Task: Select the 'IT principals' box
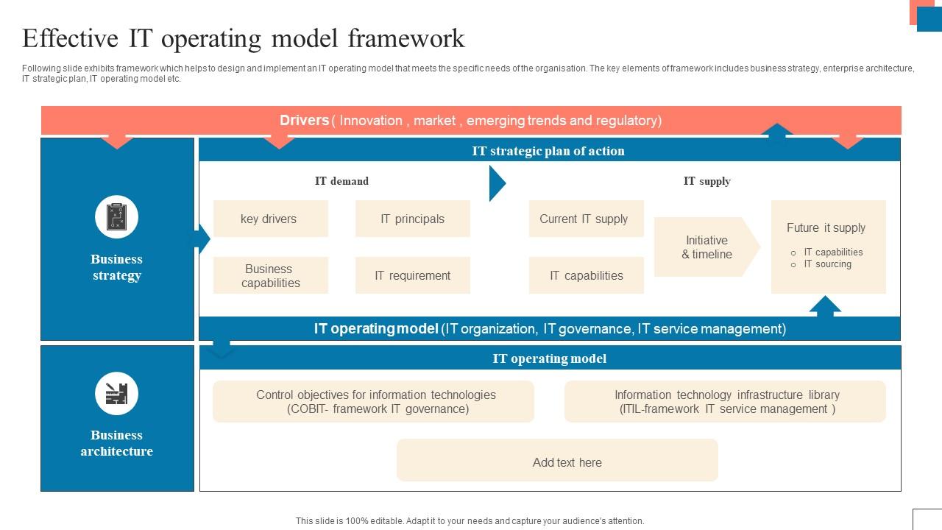tap(412, 219)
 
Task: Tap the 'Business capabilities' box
tap(270, 275)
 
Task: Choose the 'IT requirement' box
tap(412, 275)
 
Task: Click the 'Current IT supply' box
tap(586, 219)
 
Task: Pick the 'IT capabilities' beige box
tap(586, 275)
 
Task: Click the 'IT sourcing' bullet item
tap(827, 264)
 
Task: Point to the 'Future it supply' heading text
tap(826, 228)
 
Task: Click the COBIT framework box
tap(373, 402)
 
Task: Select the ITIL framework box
tap(725, 402)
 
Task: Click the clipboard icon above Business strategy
tap(116, 217)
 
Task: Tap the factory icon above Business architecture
tap(116, 393)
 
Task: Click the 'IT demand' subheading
tap(341, 181)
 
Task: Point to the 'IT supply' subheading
tap(706, 181)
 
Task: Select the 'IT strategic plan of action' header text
tap(548, 151)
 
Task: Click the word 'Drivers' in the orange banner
tap(304, 121)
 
